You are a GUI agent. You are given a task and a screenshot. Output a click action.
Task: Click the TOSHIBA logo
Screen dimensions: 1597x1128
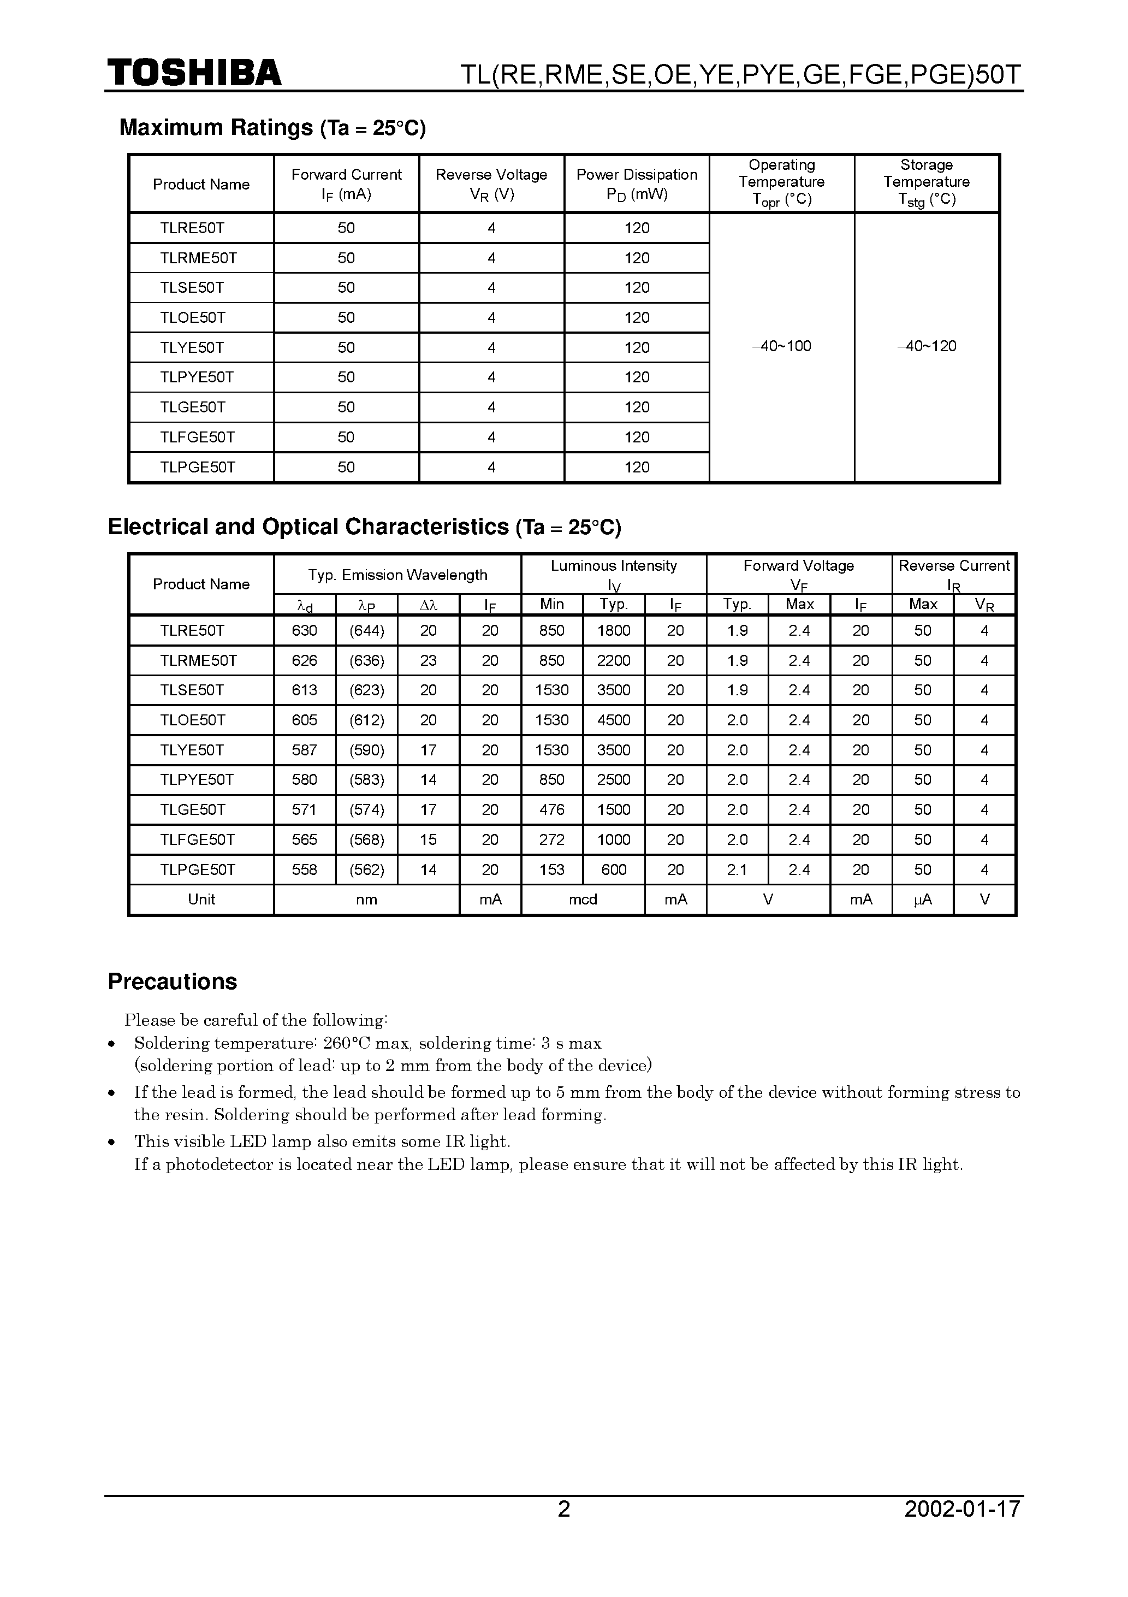click(x=194, y=73)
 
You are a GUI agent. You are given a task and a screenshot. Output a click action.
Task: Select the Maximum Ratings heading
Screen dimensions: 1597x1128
click(x=272, y=128)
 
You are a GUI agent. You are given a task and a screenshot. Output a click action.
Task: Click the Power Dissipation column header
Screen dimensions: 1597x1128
click(x=636, y=184)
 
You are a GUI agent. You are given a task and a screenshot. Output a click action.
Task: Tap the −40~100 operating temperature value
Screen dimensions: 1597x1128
click(x=782, y=346)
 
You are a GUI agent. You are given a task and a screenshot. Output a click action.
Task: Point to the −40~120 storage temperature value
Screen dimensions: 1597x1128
click(x=927, y=346)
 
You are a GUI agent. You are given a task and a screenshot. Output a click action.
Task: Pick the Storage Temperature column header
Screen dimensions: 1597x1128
click(x=927, y=182)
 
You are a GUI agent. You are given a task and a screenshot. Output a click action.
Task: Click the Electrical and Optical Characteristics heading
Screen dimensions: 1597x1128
click(x=364, y=527)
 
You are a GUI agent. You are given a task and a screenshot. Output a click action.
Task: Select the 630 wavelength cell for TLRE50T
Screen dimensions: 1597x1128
click(x=305, y=631)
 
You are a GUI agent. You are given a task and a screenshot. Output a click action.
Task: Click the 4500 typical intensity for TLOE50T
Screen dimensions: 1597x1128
click(x=613, y=720)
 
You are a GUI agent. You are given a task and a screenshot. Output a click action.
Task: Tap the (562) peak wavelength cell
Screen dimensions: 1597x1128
click(x=366, y=870)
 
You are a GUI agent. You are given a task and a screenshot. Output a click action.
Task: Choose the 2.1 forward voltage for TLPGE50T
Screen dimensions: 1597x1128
click(x=737, y=870)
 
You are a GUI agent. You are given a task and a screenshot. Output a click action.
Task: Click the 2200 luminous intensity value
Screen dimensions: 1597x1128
click(x=613, y=661)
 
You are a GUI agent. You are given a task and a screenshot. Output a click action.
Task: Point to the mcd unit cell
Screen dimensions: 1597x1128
click(x=583, y=900)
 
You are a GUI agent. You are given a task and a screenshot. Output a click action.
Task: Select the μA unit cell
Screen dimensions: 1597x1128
click(x=922, y=900)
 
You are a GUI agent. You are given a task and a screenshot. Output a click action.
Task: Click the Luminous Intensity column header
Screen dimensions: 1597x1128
click(x=613, y=574)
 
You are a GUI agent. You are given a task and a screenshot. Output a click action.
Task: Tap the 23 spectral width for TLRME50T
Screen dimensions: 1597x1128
click(x=429, y=661)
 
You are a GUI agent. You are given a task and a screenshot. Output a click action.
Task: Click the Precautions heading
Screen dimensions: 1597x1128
click(x=173, y=981)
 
